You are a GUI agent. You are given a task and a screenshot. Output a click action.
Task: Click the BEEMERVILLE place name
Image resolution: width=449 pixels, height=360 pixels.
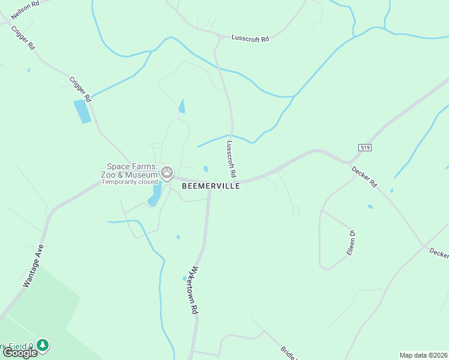211,186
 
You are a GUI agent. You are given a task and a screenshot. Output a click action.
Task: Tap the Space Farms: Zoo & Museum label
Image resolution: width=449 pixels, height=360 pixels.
132,170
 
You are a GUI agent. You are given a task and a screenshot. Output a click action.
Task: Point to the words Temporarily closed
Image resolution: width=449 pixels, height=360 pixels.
129,182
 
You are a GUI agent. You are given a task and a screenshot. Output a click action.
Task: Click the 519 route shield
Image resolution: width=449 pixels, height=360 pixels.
364,147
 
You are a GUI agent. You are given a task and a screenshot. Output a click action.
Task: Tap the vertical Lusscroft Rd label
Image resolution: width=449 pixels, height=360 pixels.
231,157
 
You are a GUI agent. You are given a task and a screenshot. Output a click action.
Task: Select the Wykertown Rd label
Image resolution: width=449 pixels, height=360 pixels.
194,290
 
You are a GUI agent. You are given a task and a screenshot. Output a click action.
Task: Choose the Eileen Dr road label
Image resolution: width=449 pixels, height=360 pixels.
352,243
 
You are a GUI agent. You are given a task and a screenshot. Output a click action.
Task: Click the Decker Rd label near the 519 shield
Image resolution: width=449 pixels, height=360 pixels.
364,175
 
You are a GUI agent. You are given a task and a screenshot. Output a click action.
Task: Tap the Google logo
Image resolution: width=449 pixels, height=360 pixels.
20,353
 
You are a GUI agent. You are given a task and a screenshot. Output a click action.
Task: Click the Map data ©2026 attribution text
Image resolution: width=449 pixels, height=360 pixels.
423,355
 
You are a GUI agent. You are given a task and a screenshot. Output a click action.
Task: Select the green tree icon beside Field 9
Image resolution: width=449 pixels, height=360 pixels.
42,345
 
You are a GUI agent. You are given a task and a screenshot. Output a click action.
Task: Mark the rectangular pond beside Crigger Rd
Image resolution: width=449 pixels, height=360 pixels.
82,112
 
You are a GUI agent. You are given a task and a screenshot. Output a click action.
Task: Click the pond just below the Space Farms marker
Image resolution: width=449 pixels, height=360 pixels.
155,194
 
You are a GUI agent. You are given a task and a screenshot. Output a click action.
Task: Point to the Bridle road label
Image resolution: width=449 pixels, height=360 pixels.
289,353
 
